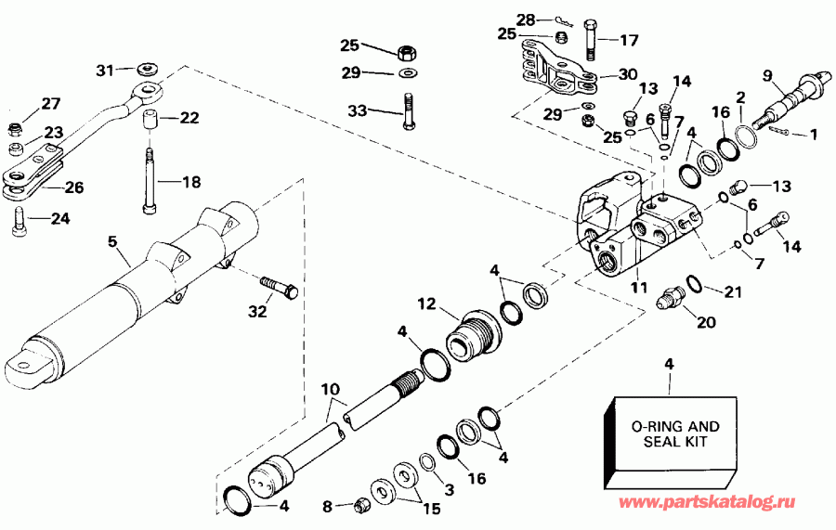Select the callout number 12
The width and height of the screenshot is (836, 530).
click(x=426, y=304)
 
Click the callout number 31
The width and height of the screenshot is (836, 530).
click(x=104, y=70)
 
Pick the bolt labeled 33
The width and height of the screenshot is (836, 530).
click(x=407, y=112)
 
